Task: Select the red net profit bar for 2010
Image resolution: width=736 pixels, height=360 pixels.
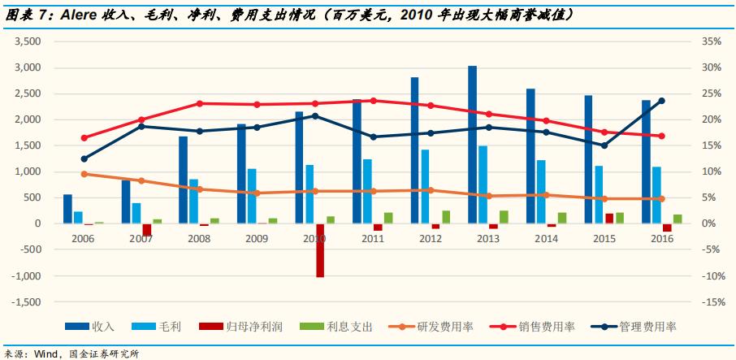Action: click(x=320, y=250)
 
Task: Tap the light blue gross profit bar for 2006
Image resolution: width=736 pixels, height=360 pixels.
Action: click(x=78, y=217)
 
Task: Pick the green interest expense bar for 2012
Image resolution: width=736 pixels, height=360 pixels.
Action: click(x=446, y=217)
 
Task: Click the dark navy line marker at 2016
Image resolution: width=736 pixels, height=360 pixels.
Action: click(x=661, y=101)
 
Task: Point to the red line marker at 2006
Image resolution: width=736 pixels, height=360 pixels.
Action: click(x=84, y=137)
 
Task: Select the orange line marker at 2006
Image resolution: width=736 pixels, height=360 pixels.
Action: click(x=84, y=174)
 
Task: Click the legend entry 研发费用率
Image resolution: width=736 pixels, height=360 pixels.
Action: click(x=444, y=327)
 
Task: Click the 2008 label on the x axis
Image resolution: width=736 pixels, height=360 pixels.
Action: click(x=199, y=240)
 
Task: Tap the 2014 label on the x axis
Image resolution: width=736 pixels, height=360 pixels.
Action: click(x=546, y=240)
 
